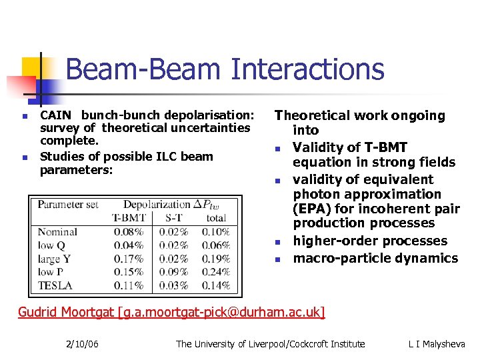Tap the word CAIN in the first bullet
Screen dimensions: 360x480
tap(54, 115)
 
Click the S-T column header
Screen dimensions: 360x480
tap(173, 217)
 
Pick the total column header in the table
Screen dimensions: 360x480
tap(216, 217)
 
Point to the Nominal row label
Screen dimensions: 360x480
tap(57, 232)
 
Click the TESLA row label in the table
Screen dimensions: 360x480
tap(55, 285)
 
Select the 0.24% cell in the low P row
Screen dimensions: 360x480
tap(216, 272)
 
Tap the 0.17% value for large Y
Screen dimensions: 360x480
tap(128, 259)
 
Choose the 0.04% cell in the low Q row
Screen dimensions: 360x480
tap(128, 245)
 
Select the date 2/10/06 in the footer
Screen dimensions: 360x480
tap(83, 344)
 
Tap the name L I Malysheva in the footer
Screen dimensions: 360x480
tap(437, 344)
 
